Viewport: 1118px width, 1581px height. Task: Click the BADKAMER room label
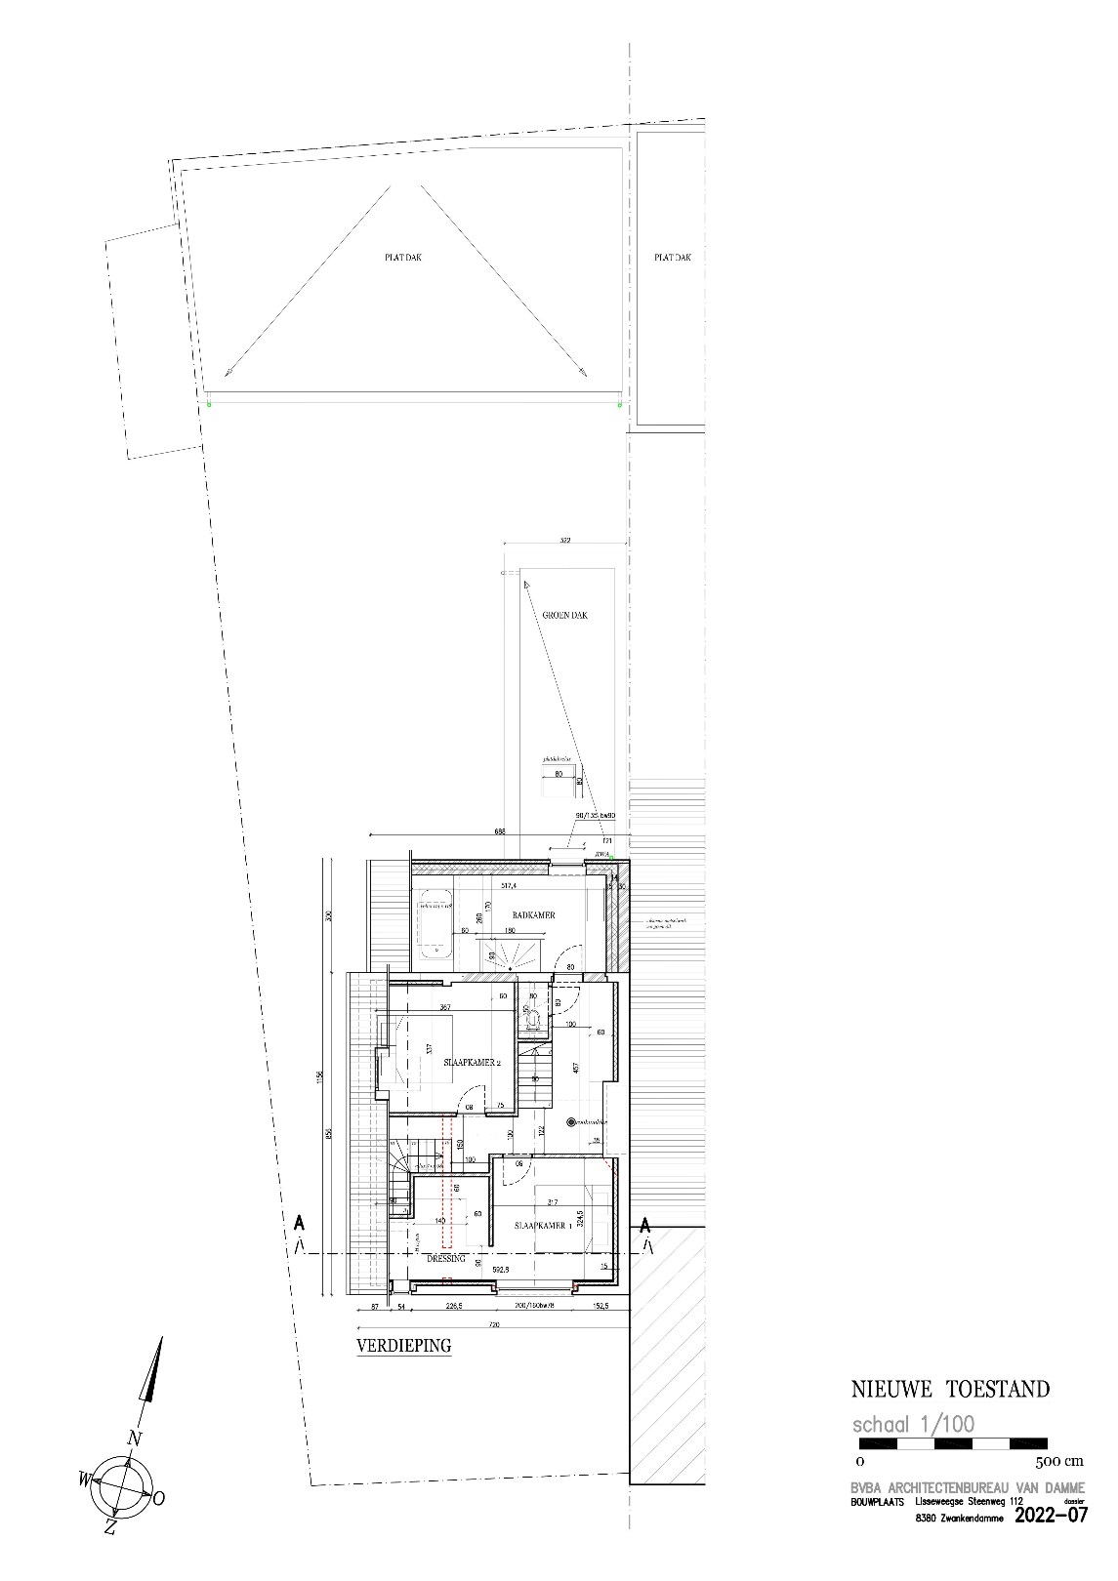pyautogui.click(x=534, y=915)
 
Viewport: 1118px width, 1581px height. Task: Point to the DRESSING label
pyautogui.click(x=445, y=1259)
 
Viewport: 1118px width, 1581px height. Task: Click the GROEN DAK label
pyautogui.click(x=565, y=616)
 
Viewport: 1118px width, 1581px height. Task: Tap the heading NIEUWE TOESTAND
pyautogui.click(x=951, y=1389)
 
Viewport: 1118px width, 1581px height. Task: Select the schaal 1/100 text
pyautogui.click(x=913, y=1424)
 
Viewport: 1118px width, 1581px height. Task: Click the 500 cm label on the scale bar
pyautogui.click(x=1058, y=1462)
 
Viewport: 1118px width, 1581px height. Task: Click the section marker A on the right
pyautogui.click(x=645, y=1223)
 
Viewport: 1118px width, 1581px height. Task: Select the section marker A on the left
pyautogui.click(x=299, y=1223)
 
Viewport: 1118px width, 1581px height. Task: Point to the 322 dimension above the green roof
pyautogui.click(x=563, y=539)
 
